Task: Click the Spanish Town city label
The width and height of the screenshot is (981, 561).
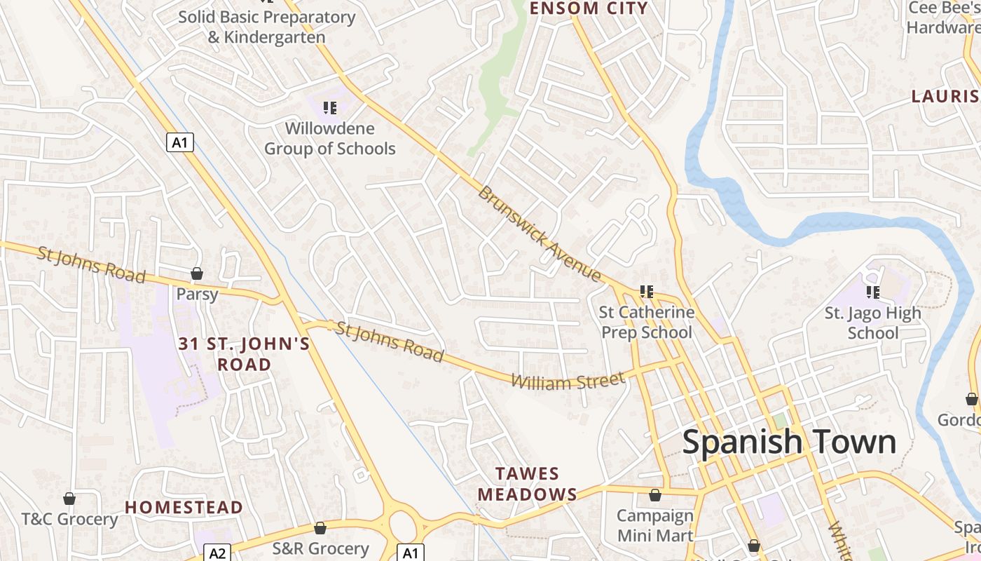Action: click(x=789, y=442)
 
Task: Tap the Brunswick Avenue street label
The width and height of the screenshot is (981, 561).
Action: click(x=539, y=234)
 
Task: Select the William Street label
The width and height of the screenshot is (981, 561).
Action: click(x=568, y=381)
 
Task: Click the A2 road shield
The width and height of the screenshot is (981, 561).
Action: click(x=218, y=553)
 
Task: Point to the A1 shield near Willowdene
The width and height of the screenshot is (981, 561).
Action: click(x=180, y=142)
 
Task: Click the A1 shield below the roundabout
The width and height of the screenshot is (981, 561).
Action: click(x=411, y=553)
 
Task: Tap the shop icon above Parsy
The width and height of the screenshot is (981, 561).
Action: click(x=197, y=273)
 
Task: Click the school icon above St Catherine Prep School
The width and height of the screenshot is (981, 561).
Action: click(x=646, y=292)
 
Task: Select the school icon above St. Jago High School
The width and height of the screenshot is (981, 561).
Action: click(x=872, y=292)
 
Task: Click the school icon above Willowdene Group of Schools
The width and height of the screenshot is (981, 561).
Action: click(x=329, y=108)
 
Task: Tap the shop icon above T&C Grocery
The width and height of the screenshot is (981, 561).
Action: click(x=69, y=499)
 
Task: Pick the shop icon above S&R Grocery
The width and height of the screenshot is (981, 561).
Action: click(x=320, y=528)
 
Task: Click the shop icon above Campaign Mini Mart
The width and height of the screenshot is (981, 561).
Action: click(x=654, y=496)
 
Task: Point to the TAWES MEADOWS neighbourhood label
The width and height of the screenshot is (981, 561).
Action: click(x=528, y=485)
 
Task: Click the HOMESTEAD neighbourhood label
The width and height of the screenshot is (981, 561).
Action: click(x=184, y=507)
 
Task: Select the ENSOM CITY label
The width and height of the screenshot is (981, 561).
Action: click(x=589, y=8)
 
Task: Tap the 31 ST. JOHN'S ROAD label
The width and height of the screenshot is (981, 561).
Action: click(x=244, y=354)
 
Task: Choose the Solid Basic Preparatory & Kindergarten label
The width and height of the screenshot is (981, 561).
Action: click(x=266, y=27)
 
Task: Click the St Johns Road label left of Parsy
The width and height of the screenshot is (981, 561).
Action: click(x=91, y=264)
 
